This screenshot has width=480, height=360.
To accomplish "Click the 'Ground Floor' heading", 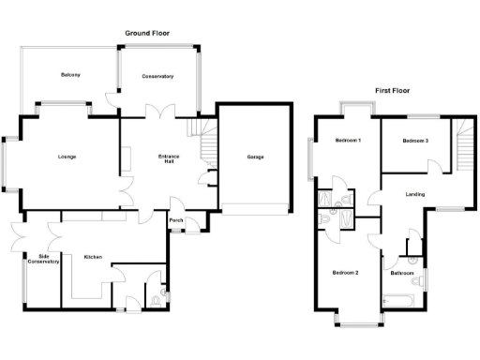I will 148,33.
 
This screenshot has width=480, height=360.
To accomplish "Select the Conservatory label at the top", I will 158,76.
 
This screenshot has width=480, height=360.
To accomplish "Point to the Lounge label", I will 67,157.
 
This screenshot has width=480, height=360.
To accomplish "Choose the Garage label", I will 255,157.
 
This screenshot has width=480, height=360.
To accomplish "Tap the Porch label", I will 175,221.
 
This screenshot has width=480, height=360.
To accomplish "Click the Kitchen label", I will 92,257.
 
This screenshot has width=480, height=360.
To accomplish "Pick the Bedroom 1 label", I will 348,141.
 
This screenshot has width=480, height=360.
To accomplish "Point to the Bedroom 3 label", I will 415,141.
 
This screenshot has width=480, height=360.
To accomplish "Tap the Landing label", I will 414,195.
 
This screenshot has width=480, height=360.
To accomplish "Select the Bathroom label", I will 403,273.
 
